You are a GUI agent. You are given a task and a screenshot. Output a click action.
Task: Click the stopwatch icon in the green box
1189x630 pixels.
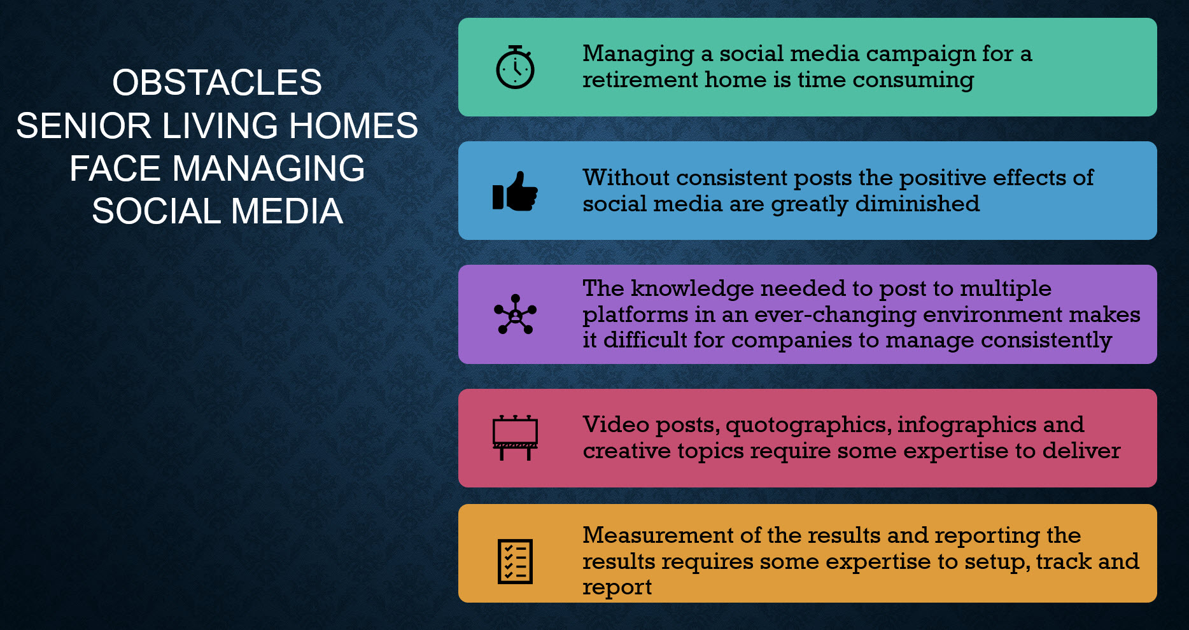(515, 67)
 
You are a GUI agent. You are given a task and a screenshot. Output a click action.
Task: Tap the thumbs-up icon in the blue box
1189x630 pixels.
(515, 191)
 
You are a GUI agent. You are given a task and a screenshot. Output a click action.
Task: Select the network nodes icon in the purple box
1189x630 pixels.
(515, 314)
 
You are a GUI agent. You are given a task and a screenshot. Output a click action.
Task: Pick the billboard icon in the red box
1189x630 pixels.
(515, 438)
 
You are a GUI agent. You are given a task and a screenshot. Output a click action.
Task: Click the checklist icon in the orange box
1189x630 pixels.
(515, 561)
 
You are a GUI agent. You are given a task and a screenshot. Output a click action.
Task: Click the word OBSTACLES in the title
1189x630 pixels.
(217, 83)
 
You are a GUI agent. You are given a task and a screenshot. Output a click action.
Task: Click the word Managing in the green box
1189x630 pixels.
(638, 54)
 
